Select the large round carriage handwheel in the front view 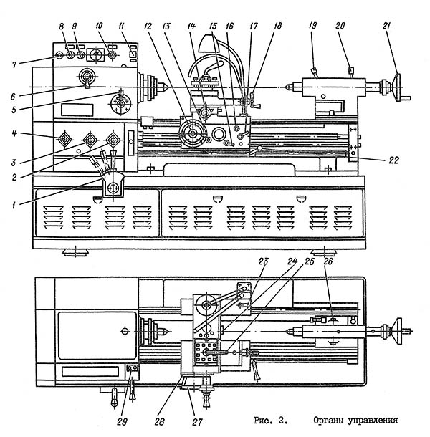(192, 133)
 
